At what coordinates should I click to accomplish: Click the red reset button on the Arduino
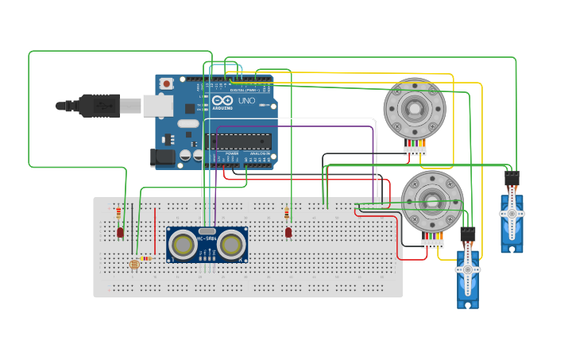click(167, 83)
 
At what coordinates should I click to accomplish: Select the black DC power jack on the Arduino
click(163, 157)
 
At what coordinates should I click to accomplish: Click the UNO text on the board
click(246, 101)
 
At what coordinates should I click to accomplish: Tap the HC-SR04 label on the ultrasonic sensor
click(207, 230)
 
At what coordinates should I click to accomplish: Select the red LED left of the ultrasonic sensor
click(120, 233)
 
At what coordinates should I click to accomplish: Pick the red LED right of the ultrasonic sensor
click(288, 232)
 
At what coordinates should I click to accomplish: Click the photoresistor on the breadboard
click(133, 264)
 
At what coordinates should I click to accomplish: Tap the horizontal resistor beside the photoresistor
click(146, 258)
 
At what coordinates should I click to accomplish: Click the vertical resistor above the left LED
click(118, 213)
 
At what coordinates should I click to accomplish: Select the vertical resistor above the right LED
click(287, 212)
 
